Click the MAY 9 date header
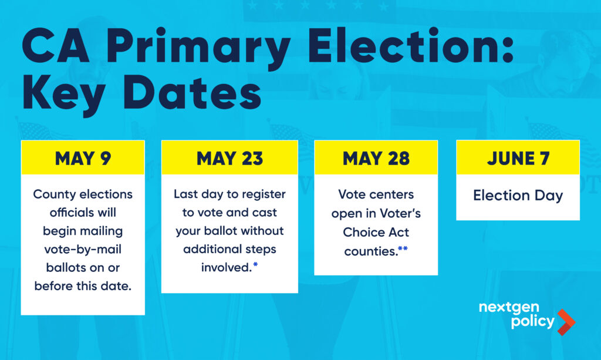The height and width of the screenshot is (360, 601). point(83,157)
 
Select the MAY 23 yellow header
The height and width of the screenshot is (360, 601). point(229,157)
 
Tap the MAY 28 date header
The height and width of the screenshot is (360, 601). point(376,157)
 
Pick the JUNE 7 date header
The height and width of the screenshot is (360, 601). point(518,157)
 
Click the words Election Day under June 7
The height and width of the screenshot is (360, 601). point(518,196)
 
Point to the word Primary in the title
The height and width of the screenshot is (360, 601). point(197,47)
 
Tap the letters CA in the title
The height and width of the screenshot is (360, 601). point(56,46)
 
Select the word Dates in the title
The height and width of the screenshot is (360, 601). point(193,92)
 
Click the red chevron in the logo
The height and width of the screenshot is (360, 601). point(566,322)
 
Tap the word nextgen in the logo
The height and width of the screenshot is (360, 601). point(509,308)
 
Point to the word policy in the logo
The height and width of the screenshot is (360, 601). point(533,321)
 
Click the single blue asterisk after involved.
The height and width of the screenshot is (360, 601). point(256,264)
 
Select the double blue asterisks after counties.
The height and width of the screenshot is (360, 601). point(403,248)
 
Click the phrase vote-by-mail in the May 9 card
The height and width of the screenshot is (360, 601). point(83,250)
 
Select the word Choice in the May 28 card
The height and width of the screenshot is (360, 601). point(359,232)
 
